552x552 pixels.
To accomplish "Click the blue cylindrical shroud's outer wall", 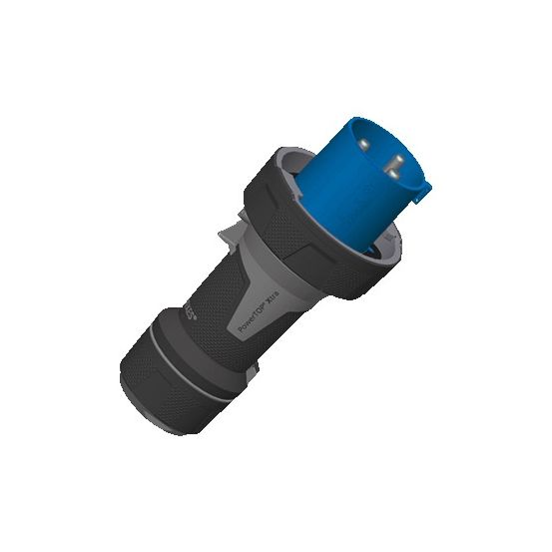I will [349, 200].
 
